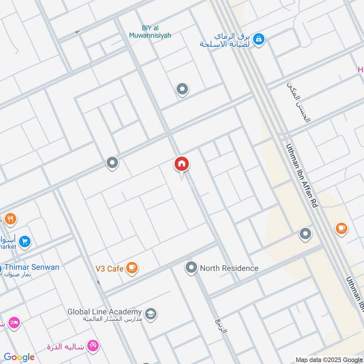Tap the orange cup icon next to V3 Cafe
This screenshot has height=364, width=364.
(x=132, y=268)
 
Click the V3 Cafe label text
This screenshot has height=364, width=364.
(x=109, y=269)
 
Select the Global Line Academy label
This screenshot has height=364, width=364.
(x=105, y=312)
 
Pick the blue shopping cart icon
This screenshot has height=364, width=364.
(x=25, y=241)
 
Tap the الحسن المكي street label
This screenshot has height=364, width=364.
(x=299, y=102)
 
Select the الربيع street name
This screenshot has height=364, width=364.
(x=219, y=326)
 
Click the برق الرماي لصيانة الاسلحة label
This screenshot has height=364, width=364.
(x=226, y=40)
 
